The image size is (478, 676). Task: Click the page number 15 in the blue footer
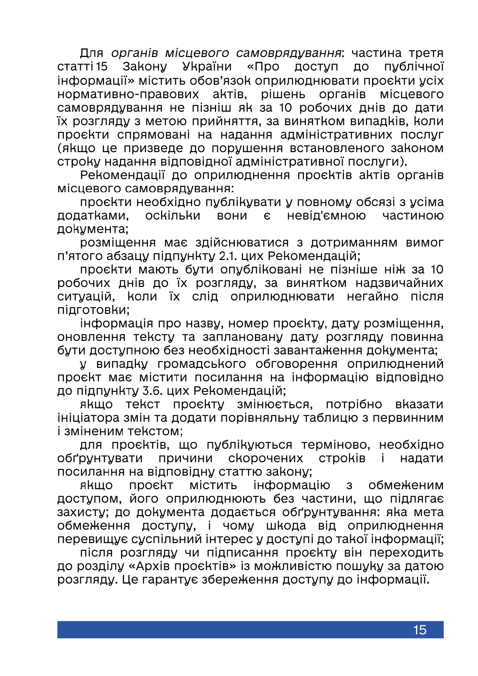click(419, 630)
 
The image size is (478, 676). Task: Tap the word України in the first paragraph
click(207, 67)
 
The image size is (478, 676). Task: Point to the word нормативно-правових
click(128, 94)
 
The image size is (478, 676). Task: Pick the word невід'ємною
click(326, 216)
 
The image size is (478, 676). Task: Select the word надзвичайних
click(399, 283)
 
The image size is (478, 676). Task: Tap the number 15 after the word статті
click(102, 67)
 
